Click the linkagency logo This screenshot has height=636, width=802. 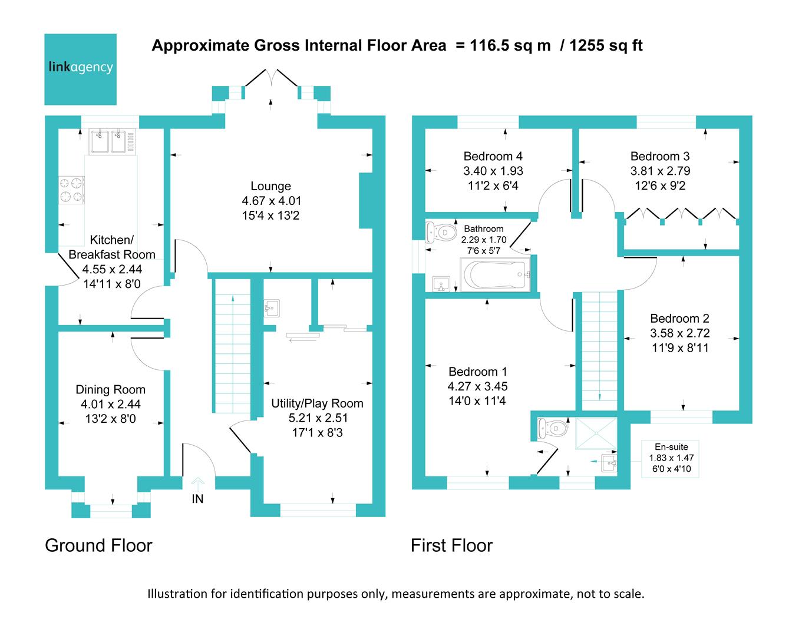click(81, 69)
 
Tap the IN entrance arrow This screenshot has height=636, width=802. click(198, 485)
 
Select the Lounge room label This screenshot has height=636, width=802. click(270, 186)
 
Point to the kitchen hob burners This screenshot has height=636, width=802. click(71, 189)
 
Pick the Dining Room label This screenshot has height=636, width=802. click(110, 389)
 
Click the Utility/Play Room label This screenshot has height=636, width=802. click(317, 403)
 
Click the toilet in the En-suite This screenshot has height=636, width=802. click(553, 428)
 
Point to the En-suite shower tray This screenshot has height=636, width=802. click(596, 433)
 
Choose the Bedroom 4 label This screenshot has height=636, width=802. click(493, 156)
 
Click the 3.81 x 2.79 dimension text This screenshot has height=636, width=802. click(660, 171)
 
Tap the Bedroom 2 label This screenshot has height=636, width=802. click(679, 318)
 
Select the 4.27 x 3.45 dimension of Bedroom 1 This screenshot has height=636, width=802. click(477, 386)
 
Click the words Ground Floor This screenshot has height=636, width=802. click(98, 545)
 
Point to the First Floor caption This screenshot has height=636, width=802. click(451, 545)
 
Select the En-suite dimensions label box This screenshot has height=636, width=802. click(671, 458)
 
